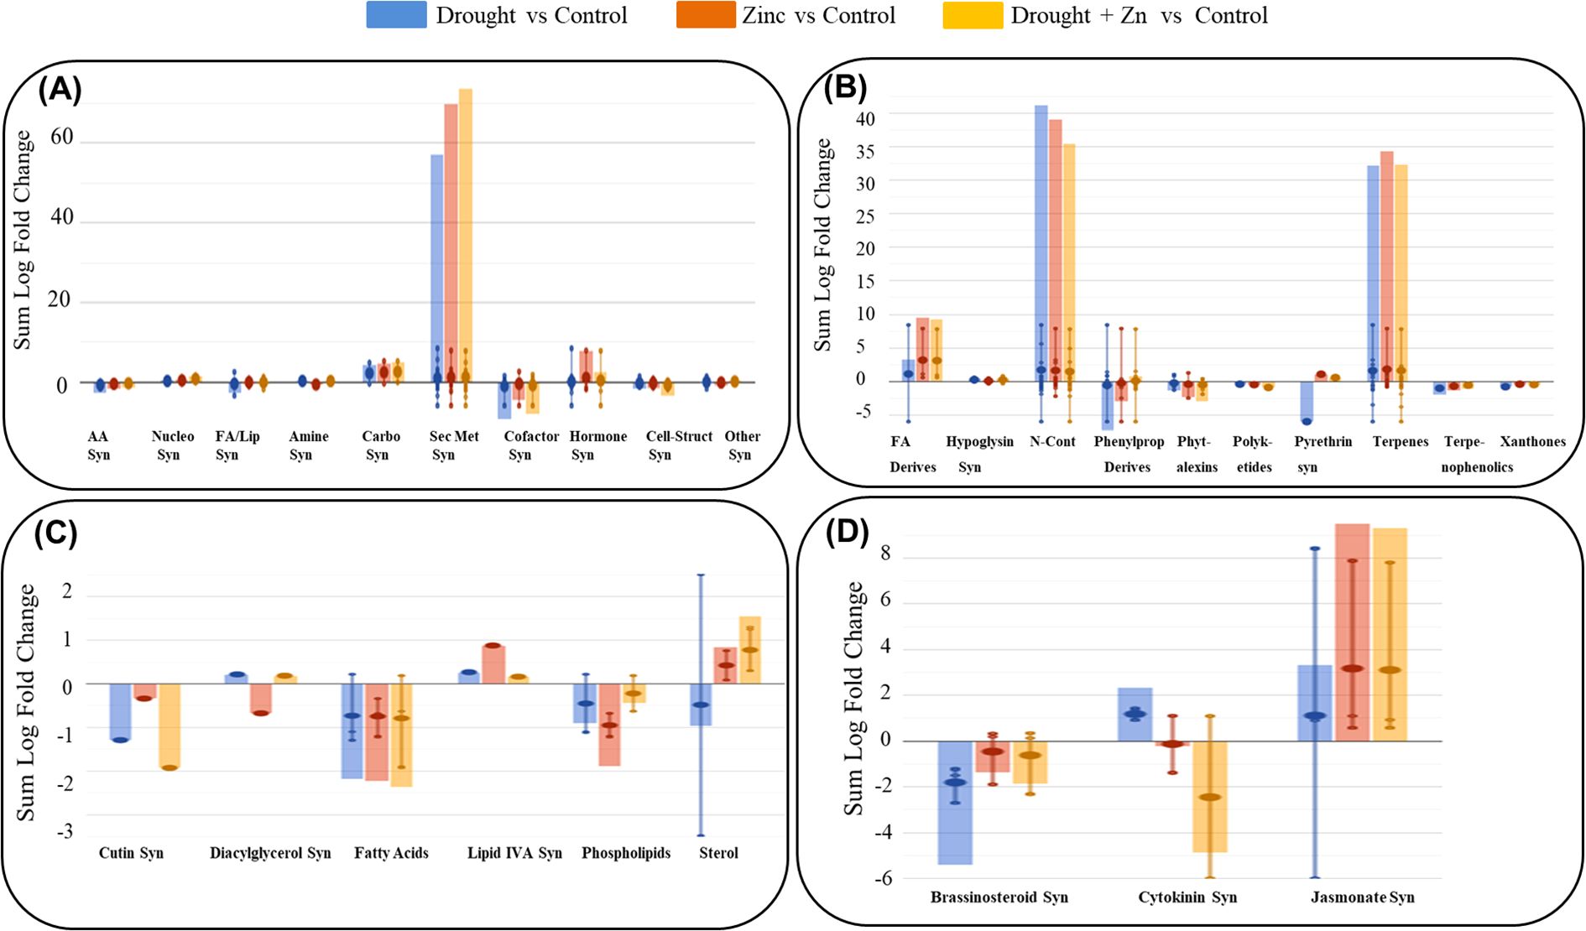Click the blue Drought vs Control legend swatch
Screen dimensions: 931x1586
(396, 15)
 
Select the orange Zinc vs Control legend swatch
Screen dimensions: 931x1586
(706, 15)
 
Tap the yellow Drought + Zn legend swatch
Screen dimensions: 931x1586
(972, 15)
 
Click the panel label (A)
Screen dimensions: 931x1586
(60, 88)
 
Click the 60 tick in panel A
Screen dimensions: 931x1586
(62, 137)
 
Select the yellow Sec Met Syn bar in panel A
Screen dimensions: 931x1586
(466, 235)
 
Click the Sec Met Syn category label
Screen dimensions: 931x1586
(453, 445)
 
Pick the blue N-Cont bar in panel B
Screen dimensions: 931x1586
(1041, 243)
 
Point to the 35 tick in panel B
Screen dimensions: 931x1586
(865, 151)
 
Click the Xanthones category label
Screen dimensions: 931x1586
(1532, 442)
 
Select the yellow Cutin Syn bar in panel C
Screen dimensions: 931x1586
(170, 726)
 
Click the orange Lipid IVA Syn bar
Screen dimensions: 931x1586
(493, 663)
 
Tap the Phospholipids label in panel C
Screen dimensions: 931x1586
(626, 853)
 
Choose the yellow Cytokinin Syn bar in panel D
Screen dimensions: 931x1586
(1209, 796)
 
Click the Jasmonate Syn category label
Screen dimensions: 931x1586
(1362, 897)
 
